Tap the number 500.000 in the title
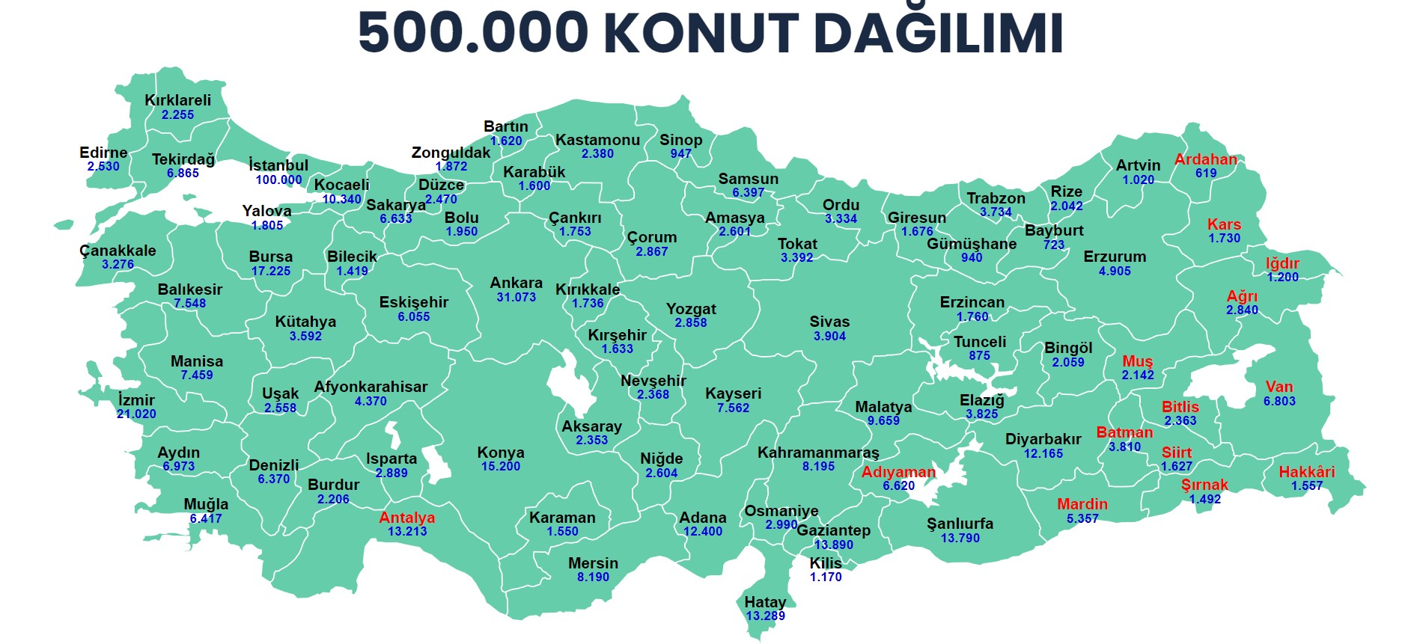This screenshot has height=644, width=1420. click(473, 33)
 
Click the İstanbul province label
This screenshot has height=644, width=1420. click(278, 165)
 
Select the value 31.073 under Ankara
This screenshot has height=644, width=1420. click(516, 297)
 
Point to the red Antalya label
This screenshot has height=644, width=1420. click(406, 518)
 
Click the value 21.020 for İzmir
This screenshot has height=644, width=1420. click(136, 414)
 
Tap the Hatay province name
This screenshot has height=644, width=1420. click(765, 602)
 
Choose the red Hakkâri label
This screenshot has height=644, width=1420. click(1306, 472)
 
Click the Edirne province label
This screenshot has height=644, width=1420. click(103, 153)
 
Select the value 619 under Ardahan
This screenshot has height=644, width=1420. click(1206, 173)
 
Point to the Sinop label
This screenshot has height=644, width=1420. click(680, 140)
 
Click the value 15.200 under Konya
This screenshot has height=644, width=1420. click(500, 466)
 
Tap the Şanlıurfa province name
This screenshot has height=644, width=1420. click(960, 524)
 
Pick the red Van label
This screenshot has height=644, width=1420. click(1279, 387)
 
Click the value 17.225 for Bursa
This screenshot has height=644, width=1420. click(270, 271)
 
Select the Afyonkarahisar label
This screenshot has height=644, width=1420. click(371, 387)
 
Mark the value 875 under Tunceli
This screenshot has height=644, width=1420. click(979, 355)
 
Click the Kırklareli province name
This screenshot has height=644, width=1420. click(177, 100)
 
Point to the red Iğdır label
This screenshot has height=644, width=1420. click(1282, 263)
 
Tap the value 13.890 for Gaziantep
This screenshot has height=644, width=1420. click(833, 545)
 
